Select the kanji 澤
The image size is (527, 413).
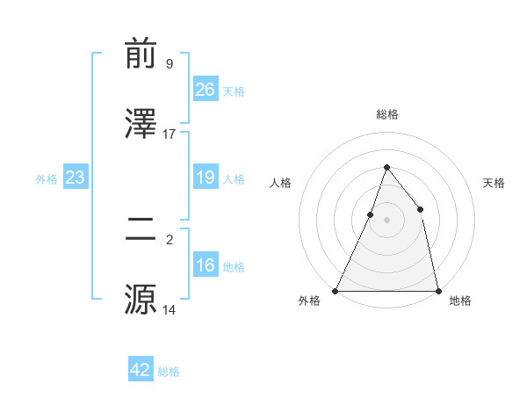(141, 125)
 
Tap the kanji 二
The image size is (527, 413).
(141, 230)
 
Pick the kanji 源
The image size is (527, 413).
(141, 299)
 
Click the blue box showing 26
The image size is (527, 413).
(206, 89)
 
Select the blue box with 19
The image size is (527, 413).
(206, 178)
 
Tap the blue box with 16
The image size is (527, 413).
(206, 265)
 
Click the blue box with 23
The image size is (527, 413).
(76, 178)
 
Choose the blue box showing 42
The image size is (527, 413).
(141, 370)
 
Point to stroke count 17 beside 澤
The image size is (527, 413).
(170, 134)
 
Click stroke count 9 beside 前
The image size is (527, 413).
(170, 64)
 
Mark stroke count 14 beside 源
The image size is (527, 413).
(170, 309)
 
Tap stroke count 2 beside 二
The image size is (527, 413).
(170, 239)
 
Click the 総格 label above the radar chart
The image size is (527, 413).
(386, 114)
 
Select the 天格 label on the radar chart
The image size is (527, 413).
(494, 183)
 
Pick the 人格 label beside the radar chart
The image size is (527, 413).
(281, 183)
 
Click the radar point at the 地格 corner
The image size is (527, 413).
(437, 290)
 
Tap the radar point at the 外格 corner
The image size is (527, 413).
(336, 290)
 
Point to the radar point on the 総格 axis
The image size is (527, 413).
(386, 167)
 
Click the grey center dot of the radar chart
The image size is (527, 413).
(386, 220)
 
